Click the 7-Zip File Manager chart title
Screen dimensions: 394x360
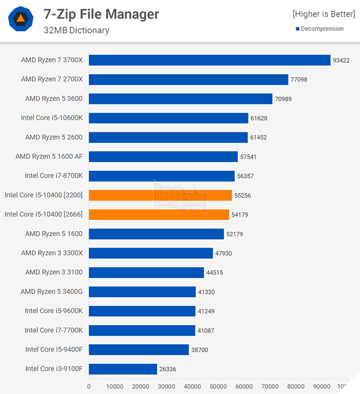(101, 14)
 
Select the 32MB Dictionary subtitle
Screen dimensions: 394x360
(76, 30)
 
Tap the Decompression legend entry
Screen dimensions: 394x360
(319, 29)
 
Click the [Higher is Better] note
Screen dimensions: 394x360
(323, 14)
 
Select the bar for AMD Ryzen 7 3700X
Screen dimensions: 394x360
(209, 60)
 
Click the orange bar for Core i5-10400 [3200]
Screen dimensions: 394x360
(160, 195)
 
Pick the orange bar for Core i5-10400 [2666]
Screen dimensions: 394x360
(158, 214)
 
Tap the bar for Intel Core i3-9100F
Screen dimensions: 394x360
(122, 369)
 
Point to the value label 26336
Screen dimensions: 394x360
(167, 369)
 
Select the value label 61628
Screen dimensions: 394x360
(259, 118)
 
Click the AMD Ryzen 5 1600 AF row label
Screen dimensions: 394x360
(49, 156)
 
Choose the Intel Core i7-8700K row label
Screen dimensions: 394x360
(53, 176)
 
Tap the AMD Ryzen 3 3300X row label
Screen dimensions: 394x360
(51, 253)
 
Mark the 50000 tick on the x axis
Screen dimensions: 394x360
(218, 386)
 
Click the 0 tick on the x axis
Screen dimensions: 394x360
(89, 386)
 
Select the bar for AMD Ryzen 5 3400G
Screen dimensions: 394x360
(142, 292)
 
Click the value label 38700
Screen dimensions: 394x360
(200, 349)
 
